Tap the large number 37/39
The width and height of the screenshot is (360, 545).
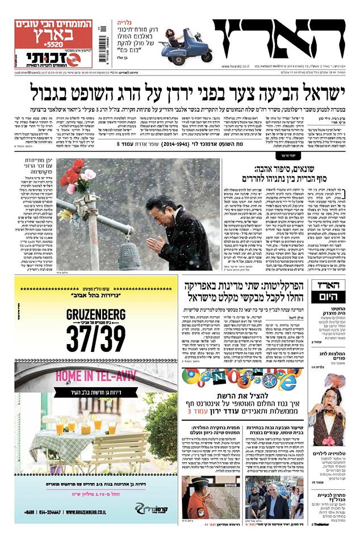point(96,339)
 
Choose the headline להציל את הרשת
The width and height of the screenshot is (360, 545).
point(261,396)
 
